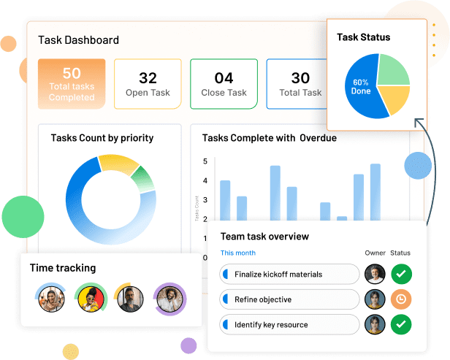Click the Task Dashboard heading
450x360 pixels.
coord(78,40)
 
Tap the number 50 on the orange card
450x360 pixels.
coord(72,73)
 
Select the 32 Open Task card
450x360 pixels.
coord(148,84)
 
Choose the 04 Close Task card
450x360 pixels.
coord(224,84)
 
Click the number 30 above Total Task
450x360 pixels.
coord(300,78)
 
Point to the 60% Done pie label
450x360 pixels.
coord(361,87)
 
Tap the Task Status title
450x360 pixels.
coord(363,37)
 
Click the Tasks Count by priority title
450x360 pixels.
coord(102,137)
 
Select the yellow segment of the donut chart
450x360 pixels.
coord(117,164)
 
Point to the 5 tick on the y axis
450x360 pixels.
coord(205,161)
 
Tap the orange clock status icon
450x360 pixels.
coord(401,299)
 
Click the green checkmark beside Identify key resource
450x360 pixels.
coord(401,324)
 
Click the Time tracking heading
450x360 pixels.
coord(63,268)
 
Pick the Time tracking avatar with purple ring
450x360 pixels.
coord(170,299)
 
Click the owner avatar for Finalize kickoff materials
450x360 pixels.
coord(375,275)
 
